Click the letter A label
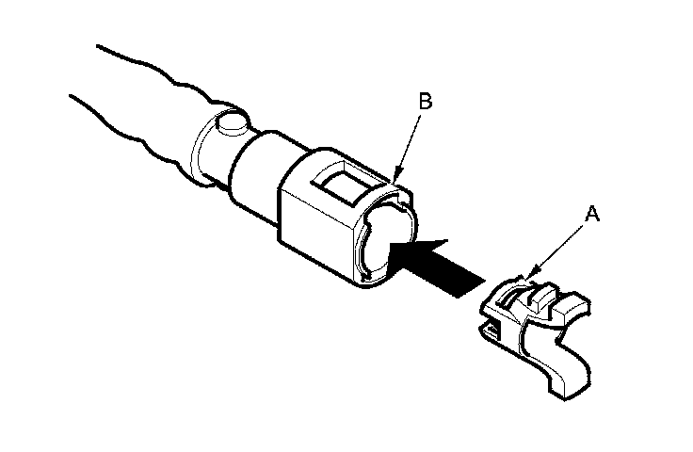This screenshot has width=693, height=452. coord(590,215)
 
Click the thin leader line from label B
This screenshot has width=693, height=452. coord(410,141)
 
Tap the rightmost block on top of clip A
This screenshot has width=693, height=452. coord(572,306)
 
